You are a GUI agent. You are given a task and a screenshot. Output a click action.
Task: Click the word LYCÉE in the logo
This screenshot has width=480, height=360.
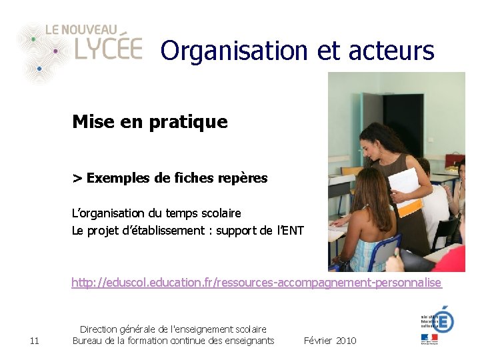point(108,48)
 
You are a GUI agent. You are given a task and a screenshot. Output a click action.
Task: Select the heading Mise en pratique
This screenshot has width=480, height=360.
point(150,122)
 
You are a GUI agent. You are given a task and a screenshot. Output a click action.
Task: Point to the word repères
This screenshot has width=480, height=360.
point(242,178)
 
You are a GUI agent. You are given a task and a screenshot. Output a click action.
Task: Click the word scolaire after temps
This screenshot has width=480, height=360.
point(221,213)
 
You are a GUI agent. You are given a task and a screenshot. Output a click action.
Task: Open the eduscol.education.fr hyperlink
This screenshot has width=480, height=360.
point(257,283)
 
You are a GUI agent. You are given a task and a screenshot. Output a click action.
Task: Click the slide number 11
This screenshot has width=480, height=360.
point(35,341)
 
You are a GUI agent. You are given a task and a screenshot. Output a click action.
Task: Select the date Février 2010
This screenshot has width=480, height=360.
point(330,341)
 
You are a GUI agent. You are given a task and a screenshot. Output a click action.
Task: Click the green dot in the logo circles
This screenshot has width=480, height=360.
point(33,39)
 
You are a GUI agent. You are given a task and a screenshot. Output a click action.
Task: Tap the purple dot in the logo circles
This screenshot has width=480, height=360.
point(55,51)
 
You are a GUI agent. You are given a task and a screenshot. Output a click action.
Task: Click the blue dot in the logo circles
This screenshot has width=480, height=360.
point(39,68)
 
